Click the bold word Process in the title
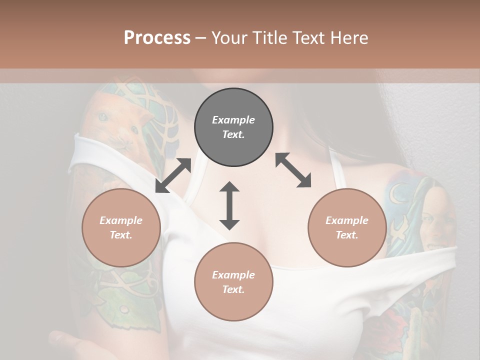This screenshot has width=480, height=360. coord(157,38)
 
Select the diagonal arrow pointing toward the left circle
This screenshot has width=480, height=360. coord(173,175)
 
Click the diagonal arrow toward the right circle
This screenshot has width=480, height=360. coord(293,170)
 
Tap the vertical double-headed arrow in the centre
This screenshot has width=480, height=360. coord(229,205)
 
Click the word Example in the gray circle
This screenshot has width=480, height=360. coord(233,120)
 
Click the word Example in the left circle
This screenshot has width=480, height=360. coord(121,220)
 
